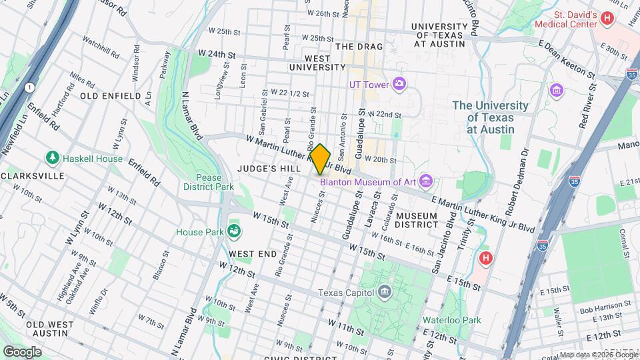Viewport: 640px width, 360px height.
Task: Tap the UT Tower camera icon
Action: pyautogui.click(x=399, y=83)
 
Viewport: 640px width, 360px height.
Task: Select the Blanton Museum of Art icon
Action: pyautogui.click(x=427, y=181)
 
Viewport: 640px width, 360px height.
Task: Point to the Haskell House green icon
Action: pyautogui.click(x=53, y=159)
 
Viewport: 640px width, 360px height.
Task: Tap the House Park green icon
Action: pyautogui.click(x=233, y=232)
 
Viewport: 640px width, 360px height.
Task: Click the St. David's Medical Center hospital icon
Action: pyautogui.click(x=607, y=19)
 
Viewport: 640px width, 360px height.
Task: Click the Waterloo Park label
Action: pyautogui.click(x=452, y=320)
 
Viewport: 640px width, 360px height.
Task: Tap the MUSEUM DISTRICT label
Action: pyautogui.click(x=425, y=221)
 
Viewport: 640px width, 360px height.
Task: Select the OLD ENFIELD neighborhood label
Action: pyautogui.click(x=111, y=96)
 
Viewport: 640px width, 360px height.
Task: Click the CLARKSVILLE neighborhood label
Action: pyautogui.click(x=33, y=175)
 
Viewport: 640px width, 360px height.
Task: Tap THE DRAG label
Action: pyautogui.click(x=359, y=47)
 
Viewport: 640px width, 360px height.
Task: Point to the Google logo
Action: pyautogui.click(x=22, y=351)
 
